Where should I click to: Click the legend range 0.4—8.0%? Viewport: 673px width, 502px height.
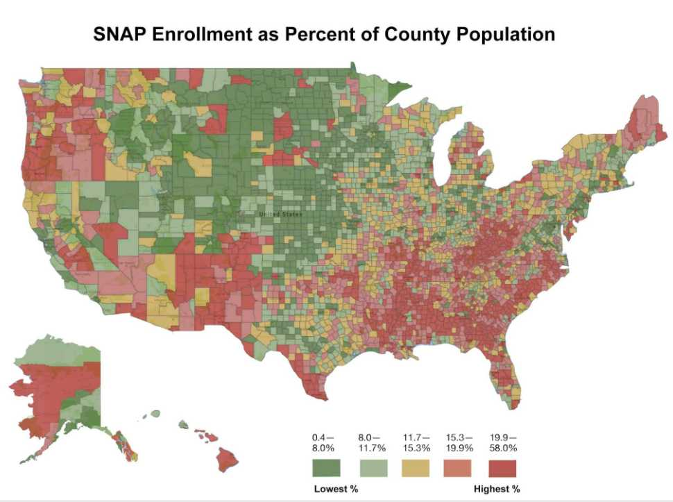pyautogui.click(x=323, y=443)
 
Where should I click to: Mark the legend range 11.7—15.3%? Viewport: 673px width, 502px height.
pyautogui.click(x=416, y=443)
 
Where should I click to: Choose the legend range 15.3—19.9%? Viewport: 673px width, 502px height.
pyautogui.click(x=459, y=443)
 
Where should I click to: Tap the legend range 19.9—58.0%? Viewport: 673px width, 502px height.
pyautogui.click(x=504, y=443)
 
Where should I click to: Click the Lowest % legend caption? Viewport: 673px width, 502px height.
pyautogui.click(x=336, y=490)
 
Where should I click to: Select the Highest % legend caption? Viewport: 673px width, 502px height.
pyautogui.click(x=497, y=490)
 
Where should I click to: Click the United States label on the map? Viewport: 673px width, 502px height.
pyautogui.click(x=280, y=214)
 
